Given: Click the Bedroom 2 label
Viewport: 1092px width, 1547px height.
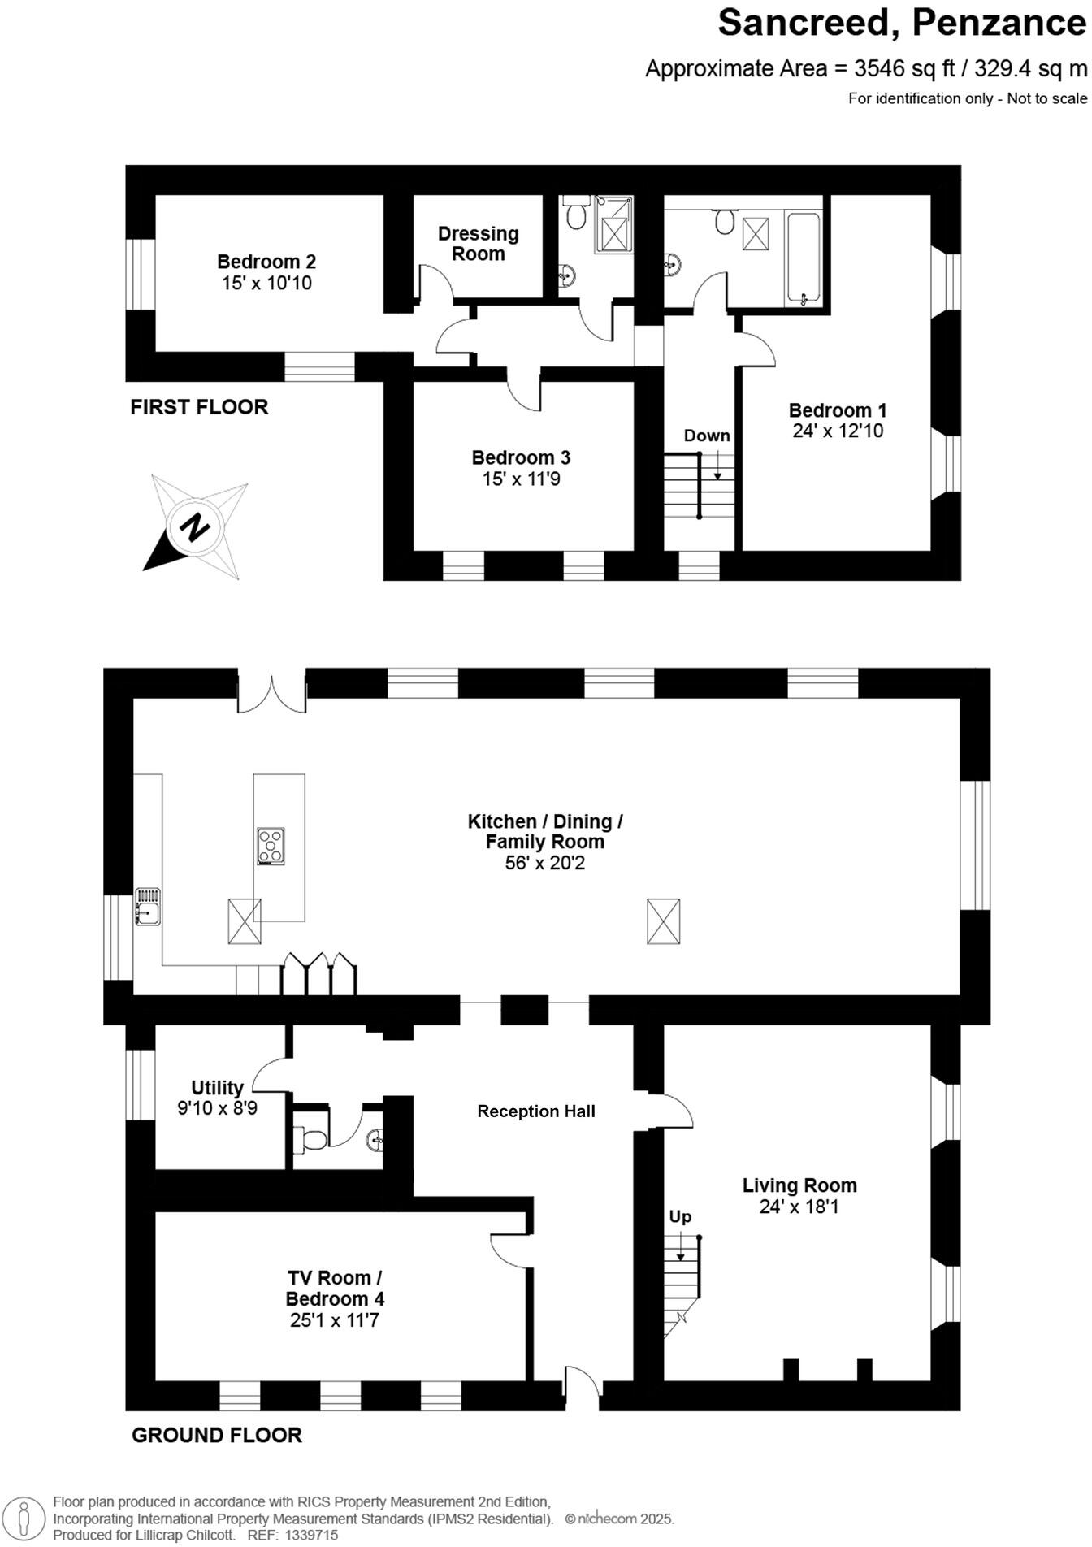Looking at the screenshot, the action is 266,262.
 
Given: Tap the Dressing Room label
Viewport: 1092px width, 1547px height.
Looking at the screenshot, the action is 478,244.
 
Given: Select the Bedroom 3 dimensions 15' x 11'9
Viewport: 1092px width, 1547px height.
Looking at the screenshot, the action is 521,479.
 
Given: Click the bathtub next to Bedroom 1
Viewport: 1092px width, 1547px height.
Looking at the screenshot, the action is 804,258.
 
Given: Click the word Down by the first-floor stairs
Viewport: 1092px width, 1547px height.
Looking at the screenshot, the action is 706,435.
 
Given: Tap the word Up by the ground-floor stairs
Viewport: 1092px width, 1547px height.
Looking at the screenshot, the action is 680,1216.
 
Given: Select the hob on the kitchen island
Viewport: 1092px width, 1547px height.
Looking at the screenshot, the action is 271,846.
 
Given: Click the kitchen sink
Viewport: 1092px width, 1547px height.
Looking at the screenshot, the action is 147,906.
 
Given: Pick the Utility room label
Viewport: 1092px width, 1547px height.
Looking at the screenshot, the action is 217,1088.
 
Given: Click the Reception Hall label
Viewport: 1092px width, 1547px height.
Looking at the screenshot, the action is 536,1111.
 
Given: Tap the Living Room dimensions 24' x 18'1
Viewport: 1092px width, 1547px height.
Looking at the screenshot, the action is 799,1207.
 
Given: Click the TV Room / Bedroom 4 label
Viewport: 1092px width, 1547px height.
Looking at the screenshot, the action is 335,1288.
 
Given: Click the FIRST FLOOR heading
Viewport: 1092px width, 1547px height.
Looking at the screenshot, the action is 199,407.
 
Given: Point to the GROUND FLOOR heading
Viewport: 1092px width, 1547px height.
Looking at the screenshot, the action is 217,1436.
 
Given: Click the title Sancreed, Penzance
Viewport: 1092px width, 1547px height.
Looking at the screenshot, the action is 901,23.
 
